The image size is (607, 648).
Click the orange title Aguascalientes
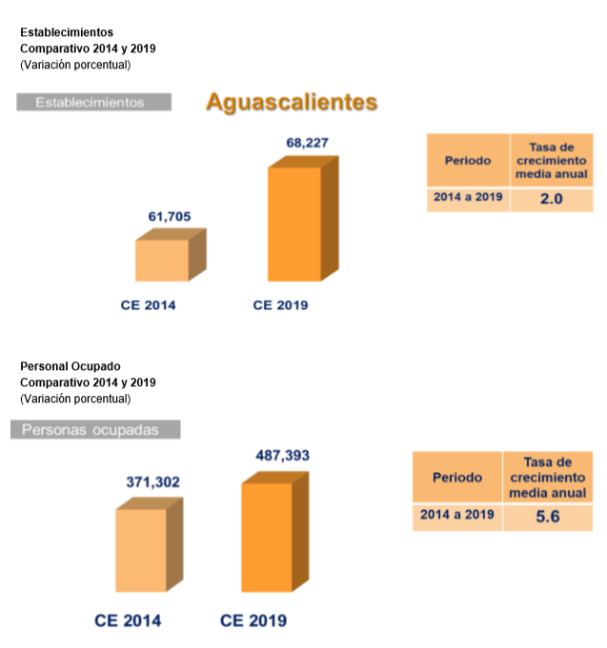click(292, 103)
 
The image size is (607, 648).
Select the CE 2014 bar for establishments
click(163, 260)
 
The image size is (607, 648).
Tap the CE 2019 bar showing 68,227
click(295, 223)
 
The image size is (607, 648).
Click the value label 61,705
click(170, 217)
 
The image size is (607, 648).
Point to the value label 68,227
click(308, 143)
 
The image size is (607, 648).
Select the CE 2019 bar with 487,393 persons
click(268, 537)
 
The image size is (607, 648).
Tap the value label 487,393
click(283, 456)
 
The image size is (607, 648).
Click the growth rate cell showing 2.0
click(552, 200)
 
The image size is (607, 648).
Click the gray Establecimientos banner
click(93, 102)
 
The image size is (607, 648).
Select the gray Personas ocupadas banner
click(95, 430)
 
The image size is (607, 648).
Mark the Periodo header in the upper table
click(468, 160)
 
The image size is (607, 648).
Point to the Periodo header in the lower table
click(457, 478)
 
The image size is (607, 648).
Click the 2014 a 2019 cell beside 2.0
click(468, 199)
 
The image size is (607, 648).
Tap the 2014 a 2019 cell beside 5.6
click(457, 515)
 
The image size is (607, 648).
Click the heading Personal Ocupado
click(71, 366)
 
